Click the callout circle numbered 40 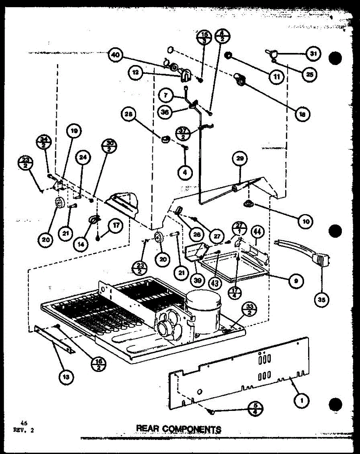point(115,55)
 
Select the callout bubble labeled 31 point(313,54)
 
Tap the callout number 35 point(322,300)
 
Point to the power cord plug point(320,260)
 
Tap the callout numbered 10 point(305,222)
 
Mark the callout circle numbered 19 point(74,131)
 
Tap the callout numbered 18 point(301,113)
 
